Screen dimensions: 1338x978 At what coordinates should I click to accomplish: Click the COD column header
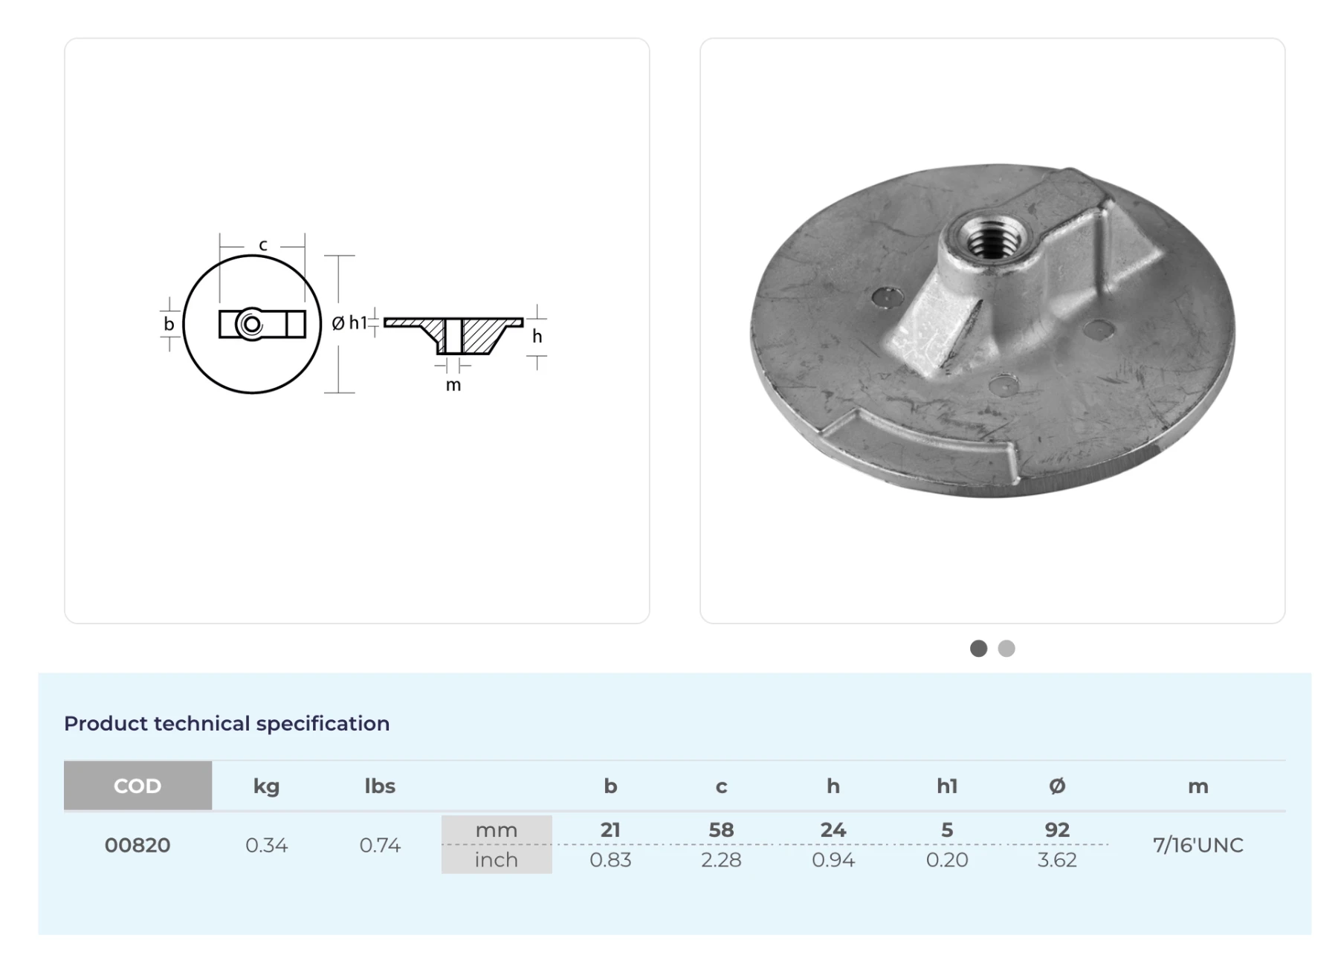(x=138, y=786)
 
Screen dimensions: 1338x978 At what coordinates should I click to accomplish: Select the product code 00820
(x=138, y=845)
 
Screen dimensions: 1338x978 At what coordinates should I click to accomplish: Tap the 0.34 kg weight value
(x=266, y=845)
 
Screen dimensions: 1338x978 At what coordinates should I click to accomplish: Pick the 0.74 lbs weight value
(x=380, y=845)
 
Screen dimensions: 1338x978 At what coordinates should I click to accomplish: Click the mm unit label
(x=497, y=830)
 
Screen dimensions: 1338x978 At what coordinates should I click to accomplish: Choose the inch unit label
(x=497, y=860)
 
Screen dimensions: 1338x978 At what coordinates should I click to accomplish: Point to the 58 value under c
(x=721, y=829)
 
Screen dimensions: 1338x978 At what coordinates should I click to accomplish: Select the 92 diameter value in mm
(x=1057, y=829)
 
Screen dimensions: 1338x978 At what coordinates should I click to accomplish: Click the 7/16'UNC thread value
(x=1198, y=845)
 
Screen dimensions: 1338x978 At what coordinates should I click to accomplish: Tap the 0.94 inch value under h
(x=833, y=860)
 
